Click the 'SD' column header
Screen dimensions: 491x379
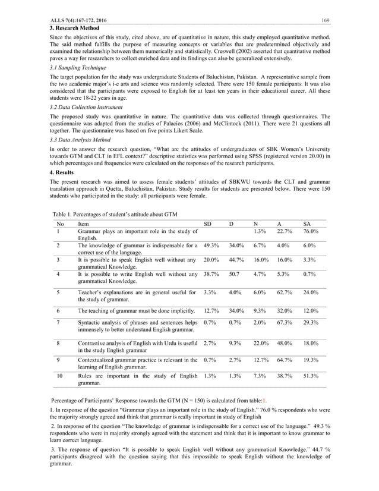pos(207,224)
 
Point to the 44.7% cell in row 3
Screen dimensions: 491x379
pos(238,260)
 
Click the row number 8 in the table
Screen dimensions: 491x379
pos(58,344)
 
